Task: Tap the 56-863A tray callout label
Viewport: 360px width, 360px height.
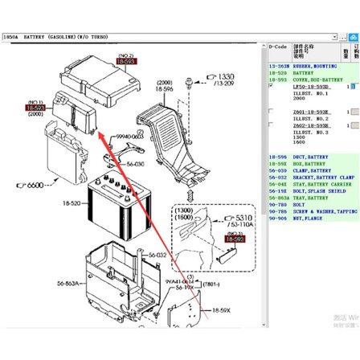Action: [68, 283]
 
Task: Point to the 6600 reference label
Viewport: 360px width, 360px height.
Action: [30, 186]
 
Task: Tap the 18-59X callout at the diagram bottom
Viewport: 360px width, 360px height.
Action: [221, 309]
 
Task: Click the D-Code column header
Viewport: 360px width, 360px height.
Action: [279, 47]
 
